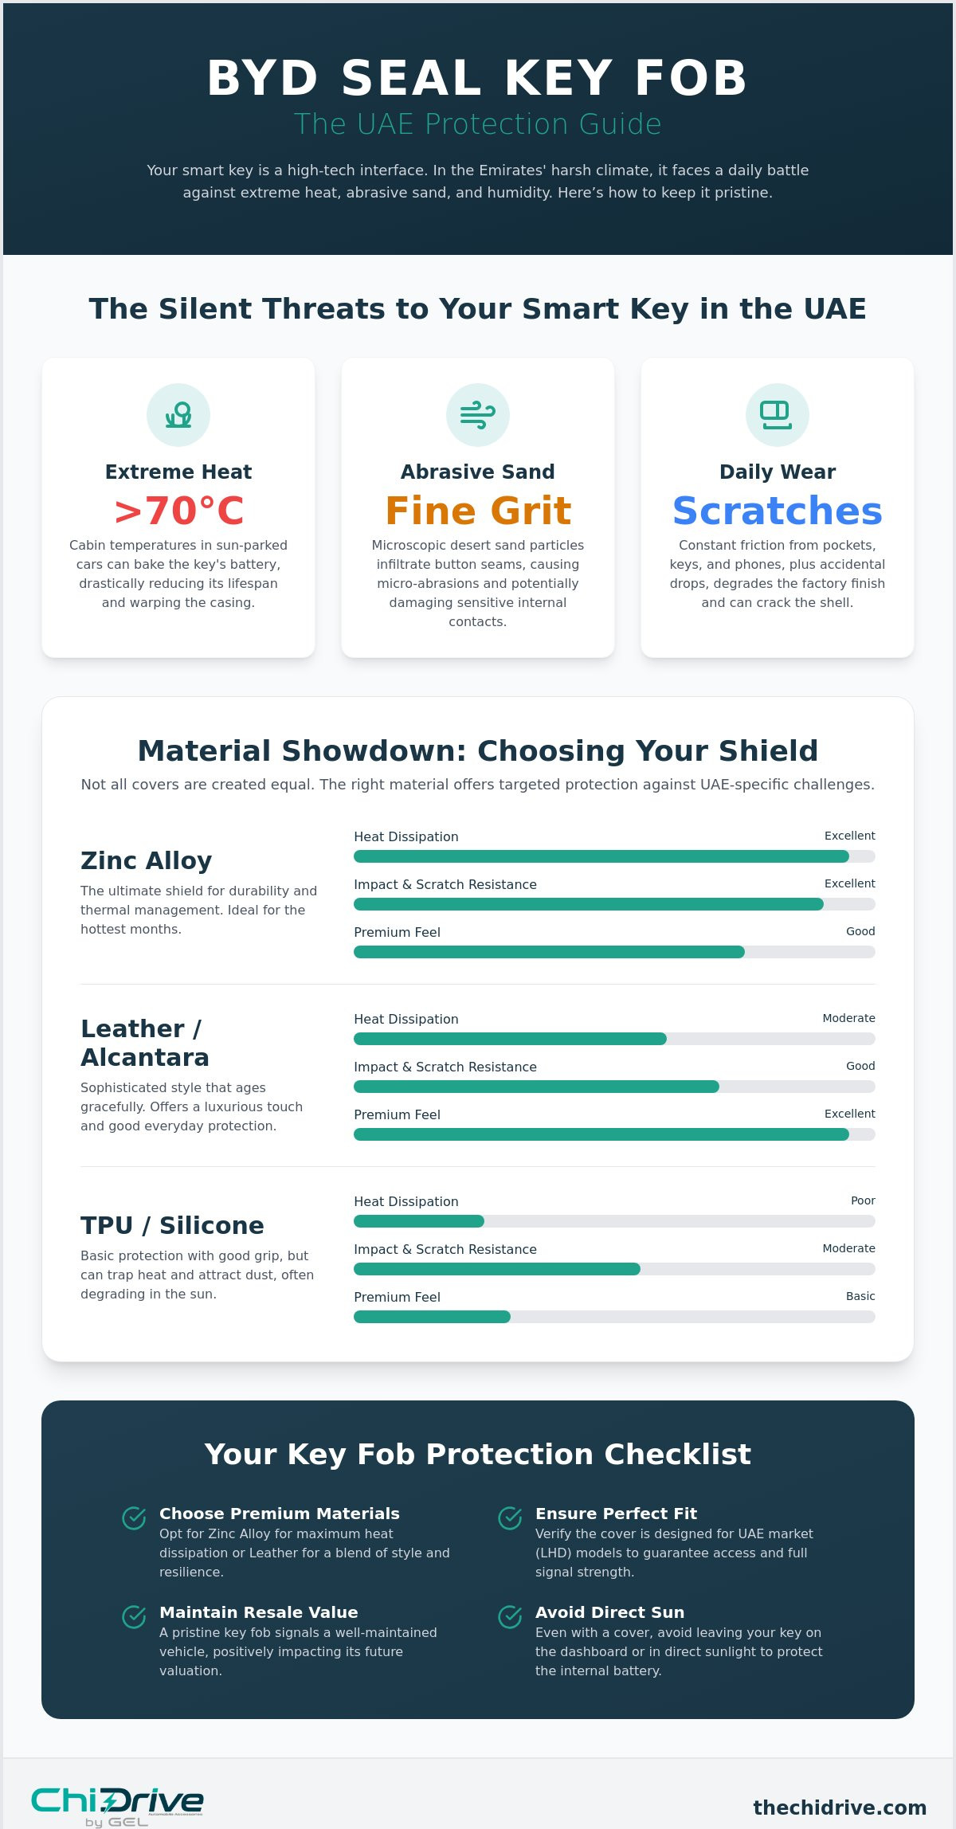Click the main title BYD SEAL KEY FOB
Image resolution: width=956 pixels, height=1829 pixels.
pos(477,78)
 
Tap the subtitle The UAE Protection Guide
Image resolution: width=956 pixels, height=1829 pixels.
pos(478,124)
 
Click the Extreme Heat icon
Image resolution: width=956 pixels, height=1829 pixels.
pos(178,415)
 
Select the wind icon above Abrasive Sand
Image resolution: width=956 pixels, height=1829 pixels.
pos(478,415)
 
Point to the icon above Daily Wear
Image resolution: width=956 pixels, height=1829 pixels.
pos(778,415)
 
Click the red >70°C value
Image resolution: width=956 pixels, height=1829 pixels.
pos(178,511)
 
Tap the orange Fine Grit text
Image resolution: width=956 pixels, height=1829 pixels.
pos(478,511)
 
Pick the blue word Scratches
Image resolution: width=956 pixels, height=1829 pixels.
pos(778,511)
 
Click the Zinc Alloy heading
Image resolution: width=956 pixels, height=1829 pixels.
pos(147,860)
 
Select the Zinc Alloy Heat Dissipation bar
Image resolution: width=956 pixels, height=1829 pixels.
pos(614,856)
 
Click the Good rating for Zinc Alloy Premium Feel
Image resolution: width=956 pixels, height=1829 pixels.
pos(860,931)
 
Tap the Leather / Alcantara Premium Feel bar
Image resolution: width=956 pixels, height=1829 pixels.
pos(614,1134)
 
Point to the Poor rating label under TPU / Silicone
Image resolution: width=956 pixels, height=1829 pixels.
pos(863,1200)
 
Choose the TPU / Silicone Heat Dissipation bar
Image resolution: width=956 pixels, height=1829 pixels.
pos(614,1221)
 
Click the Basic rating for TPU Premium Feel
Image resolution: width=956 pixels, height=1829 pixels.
pos(860,1296)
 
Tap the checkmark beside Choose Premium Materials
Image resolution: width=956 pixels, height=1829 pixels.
pos(134,1518)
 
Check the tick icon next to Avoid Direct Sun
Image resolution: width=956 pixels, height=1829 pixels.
pos(510,1617)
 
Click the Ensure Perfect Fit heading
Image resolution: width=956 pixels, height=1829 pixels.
pos(616,1514)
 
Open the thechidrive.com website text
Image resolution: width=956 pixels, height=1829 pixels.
pos(840,1807)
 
